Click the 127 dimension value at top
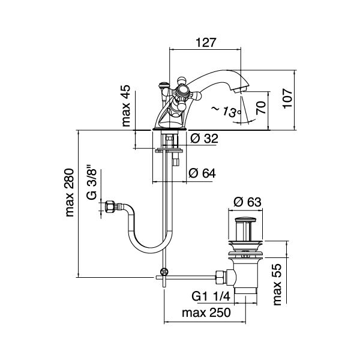pyautogui.click(x=206, y=43)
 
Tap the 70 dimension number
pyautogui.click(x=261, y=108)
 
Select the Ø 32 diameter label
pyautogui.click(x=203, y=139)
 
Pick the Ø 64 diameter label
pyautogui.click(x=202, y=173)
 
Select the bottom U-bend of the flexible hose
pyautogui.click(x=147, y=247)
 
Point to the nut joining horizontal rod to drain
pyautogui.click(x=221, y=277)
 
